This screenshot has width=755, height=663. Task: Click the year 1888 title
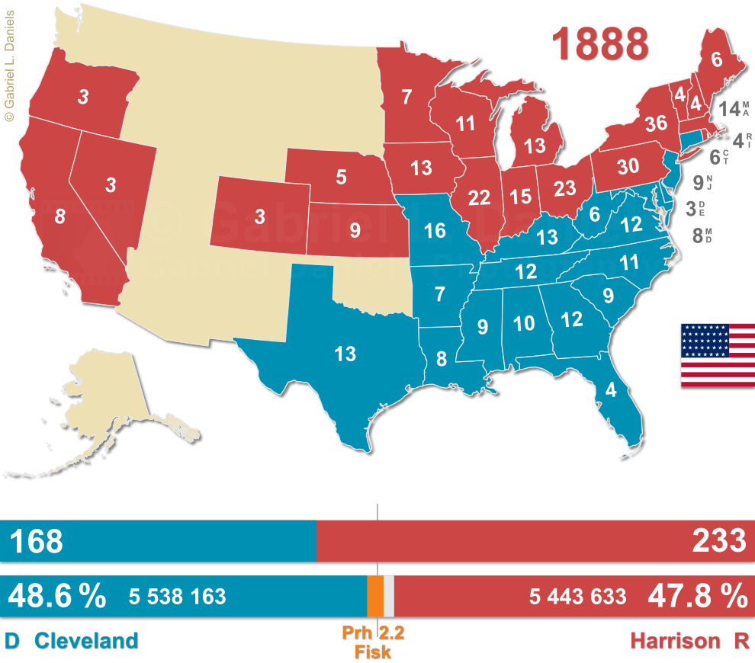[600, 43]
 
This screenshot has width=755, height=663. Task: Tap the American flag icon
[717, 355]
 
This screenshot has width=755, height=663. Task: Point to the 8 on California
[59, 216]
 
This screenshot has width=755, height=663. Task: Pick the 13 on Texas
[345, 353]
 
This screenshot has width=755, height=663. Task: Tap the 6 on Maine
[716, 59]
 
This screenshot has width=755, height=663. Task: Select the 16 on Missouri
[435, 230]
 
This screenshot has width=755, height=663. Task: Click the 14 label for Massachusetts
[730, 109]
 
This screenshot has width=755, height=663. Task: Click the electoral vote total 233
[718, 541]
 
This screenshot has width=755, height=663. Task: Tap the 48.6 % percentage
[56, 596]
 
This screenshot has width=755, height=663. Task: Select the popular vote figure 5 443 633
[578, 597]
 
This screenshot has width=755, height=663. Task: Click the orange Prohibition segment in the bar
[374, 595]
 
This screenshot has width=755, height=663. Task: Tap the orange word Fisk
[372, 652]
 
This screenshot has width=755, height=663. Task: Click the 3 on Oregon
[82, 97]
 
